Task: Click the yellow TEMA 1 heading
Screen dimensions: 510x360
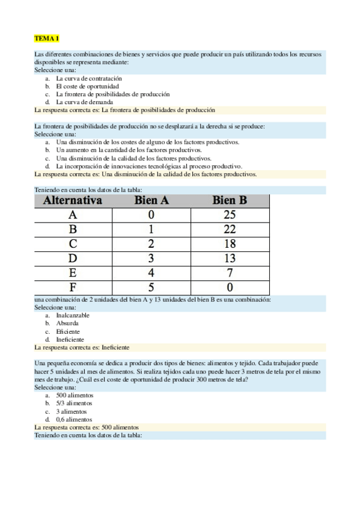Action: [47, 38]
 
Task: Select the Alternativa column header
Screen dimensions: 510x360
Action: [73, 200]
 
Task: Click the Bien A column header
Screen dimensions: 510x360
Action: [151, 200]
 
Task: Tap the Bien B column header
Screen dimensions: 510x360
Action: [230, 200]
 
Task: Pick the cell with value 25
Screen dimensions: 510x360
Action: [230, 215]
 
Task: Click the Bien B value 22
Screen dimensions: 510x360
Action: [230, 229]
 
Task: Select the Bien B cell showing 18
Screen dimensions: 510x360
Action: [230, 244]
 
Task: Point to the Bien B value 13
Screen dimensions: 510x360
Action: [230, 258]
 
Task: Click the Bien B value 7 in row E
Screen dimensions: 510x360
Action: [230, 272]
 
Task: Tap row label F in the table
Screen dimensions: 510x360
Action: [73, 287]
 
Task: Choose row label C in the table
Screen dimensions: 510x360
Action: [73, 244]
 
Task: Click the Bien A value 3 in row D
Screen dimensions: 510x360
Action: [151, 258]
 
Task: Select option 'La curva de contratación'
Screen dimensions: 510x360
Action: [89, 78]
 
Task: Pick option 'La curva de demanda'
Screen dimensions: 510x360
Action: [84, 102]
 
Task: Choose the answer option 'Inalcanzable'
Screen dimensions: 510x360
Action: [73, 315]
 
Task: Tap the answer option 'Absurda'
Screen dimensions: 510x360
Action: [67, 323]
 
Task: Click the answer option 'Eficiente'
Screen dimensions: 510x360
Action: [68, 331]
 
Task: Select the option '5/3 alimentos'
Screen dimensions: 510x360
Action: [75, 403]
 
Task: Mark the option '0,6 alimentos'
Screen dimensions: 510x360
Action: [75, 419]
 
